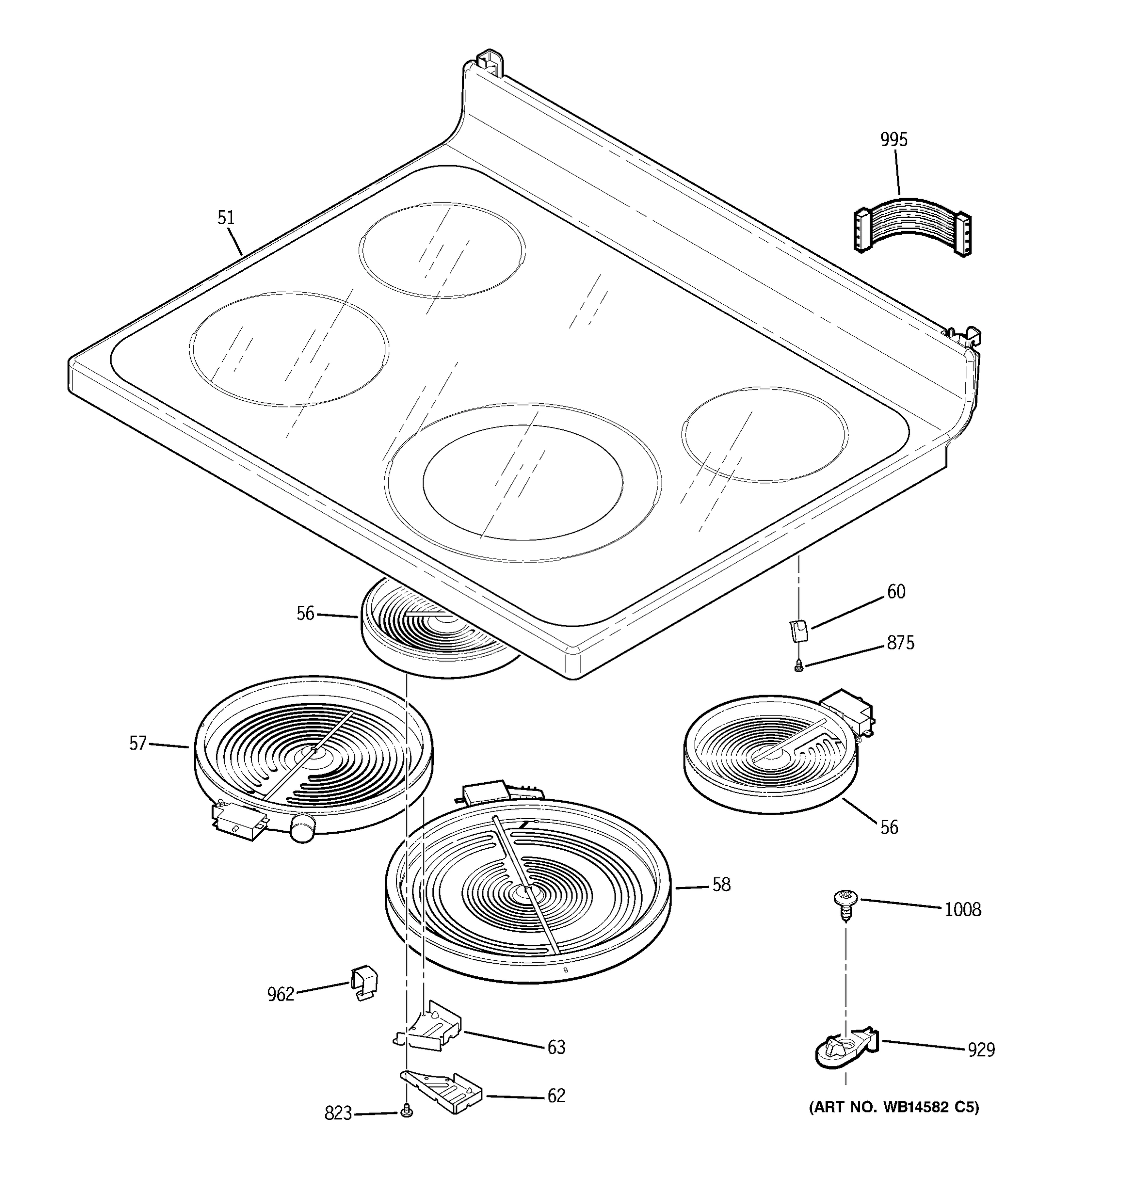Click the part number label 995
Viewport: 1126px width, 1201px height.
893,140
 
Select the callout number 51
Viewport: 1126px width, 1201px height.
226,218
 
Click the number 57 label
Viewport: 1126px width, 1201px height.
138,743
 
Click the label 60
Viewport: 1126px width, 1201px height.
896,591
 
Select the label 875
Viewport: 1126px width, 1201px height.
901,643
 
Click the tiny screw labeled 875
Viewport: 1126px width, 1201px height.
799,667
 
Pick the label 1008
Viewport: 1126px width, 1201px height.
963,910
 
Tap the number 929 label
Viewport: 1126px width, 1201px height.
981,1050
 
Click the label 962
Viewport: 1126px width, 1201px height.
280,994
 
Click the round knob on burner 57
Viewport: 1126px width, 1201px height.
303,826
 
